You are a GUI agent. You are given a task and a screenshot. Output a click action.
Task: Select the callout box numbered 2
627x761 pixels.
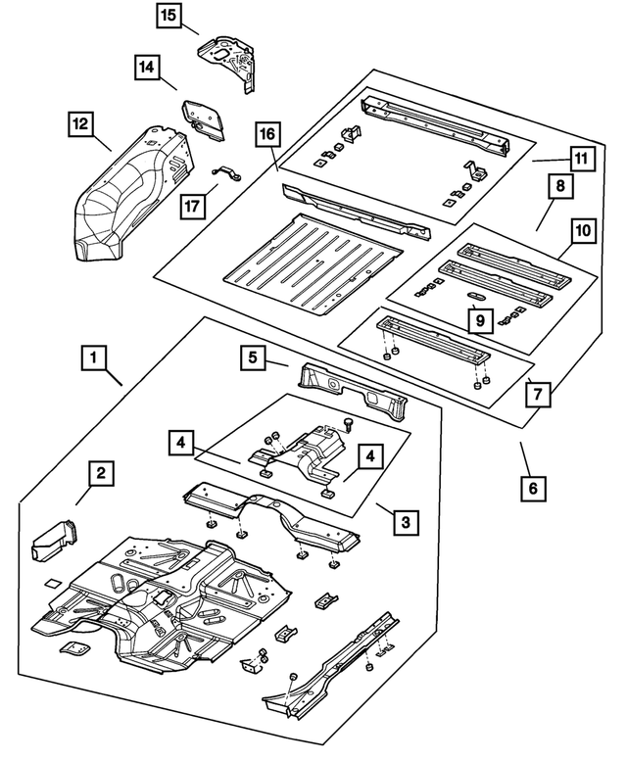point(100,475)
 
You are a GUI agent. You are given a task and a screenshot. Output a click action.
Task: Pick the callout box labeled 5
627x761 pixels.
point(254,359)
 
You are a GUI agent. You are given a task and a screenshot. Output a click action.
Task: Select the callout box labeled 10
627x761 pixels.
point(583,231)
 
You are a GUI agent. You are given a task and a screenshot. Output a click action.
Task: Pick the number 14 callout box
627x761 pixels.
point(147,67)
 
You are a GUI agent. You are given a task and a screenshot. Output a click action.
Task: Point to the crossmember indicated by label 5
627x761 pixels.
point(353,387)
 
